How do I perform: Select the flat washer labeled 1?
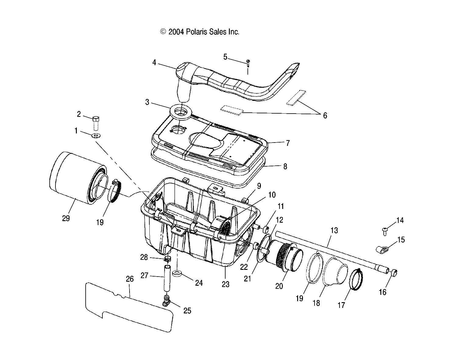[x=96, y=135]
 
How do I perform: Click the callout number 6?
[x=325, y=115]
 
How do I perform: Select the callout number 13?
[x=334, y=230]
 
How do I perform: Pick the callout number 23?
[x=225, y=284]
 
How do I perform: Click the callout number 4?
[x=154, y=63]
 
